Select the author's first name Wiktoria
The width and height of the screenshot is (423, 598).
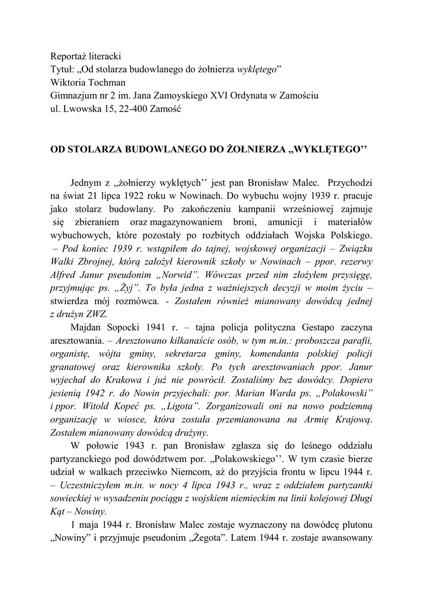68,82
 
